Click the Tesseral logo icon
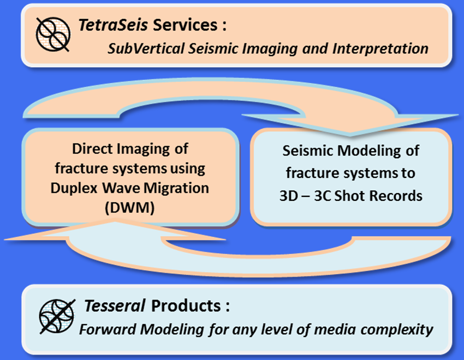[57, 316]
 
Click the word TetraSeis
[113, 25]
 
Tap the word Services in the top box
[185, 25]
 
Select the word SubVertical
[146, 49]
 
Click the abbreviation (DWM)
[129, 208]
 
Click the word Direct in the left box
[93, 149]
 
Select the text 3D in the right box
[289, 196]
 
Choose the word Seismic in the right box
[308, 151]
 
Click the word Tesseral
[115, 305]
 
